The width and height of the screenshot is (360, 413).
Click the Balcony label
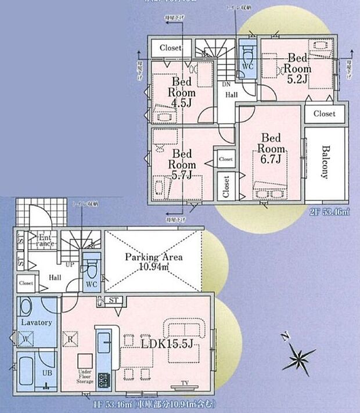pos(325,161)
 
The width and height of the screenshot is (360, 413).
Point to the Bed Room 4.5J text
pos(182,92)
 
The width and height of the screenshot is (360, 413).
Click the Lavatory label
pos(37,322)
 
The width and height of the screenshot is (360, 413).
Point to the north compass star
pos(299,355)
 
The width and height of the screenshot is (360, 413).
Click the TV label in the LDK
pos(183,383)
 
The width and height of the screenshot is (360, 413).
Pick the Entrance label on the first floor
pos(45,240)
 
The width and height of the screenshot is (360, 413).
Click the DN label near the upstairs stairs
pos(226,84)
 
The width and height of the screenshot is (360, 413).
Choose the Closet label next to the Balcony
pos(325,114)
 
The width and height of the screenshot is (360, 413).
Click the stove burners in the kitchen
pos(105,380)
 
